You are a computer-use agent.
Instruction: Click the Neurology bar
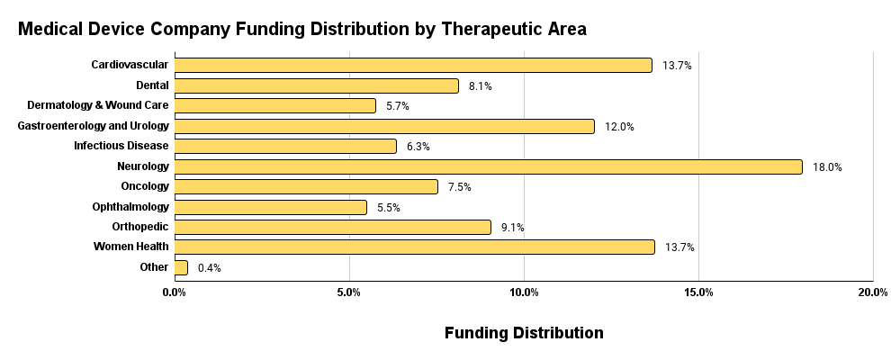pos(488,166)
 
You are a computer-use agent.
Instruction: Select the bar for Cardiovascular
pos(413,65)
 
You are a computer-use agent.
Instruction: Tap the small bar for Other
pos(181,267)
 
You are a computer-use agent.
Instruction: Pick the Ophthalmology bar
pos(271,207)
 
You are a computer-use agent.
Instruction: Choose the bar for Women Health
pos(414,247)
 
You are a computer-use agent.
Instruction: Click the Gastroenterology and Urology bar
pos(384,126)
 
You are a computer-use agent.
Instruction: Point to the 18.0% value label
pos(827,166)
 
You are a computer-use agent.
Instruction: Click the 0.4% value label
pos(210,267)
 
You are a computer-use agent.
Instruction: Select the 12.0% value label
pos(619,127)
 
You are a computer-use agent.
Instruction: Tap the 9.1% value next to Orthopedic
pos(512,228)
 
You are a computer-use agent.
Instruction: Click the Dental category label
pos(152,85)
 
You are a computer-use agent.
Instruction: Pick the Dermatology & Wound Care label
pos(98,105)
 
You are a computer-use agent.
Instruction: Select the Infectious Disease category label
pos(121,146)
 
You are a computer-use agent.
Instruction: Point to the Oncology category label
pos(144,186)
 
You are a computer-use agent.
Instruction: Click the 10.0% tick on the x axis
pos(524,292)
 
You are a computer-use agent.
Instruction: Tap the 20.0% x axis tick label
pos(873,292)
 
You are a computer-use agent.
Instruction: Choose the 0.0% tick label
pos(175,292)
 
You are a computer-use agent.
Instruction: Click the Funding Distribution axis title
pos(524,333)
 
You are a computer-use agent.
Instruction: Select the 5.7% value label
pos(398,106)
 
